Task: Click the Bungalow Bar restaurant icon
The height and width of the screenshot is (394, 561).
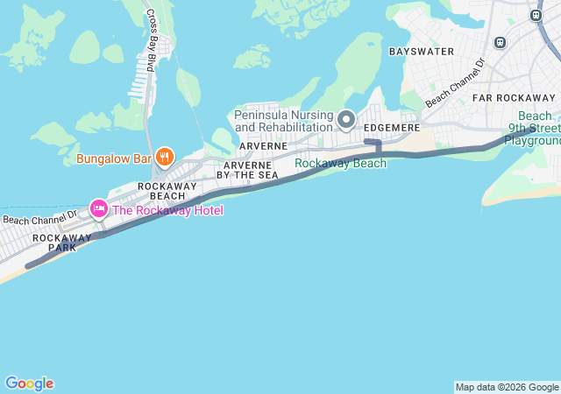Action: click(x=163, y=158)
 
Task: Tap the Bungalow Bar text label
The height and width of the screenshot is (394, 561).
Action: click(x=114, y=158)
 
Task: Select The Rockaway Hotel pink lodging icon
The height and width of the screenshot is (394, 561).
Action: click(x=98, y=209)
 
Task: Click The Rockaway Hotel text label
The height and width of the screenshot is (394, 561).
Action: click(x=167, y=210)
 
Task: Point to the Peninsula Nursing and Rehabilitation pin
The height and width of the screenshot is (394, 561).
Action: click(x=346, y=119)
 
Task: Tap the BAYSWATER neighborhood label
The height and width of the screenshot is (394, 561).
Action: click(x=422, y=52)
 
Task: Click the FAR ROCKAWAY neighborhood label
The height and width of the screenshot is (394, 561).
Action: click(x=514, y=97)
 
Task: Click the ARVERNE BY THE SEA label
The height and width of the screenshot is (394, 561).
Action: click(x=250, y=170)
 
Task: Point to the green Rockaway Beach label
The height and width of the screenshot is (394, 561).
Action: click(x=340, y=163)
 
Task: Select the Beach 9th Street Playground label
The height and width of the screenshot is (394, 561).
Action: click(x=533, y=128)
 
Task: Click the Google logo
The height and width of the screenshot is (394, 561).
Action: click(x=29, y=383)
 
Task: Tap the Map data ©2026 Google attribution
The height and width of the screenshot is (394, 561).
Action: click(x=507, y=387)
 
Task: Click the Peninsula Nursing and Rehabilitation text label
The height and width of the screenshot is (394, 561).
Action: click(x=285, y=119)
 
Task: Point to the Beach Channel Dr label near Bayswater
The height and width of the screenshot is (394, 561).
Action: click(x=455, y=83)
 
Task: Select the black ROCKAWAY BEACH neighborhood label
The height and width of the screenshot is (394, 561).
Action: click(x=160, y=191)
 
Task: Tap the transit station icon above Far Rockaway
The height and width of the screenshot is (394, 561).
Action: click(x=501, y=41)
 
